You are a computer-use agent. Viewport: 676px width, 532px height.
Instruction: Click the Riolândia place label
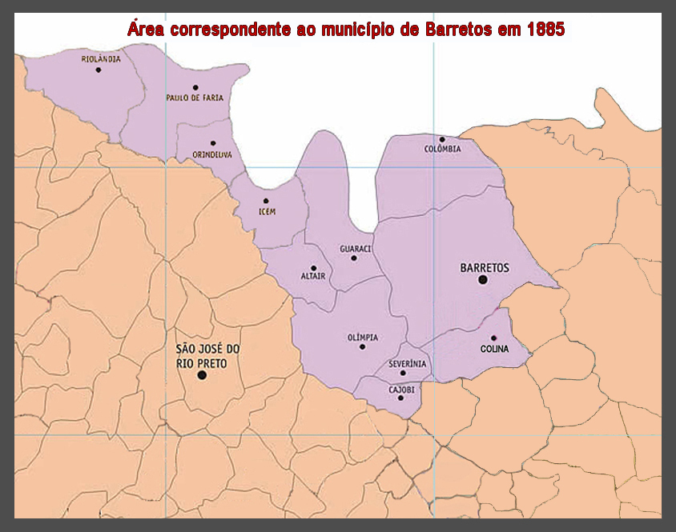click(101, 58)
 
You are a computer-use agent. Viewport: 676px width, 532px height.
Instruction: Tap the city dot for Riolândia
click(99, 70)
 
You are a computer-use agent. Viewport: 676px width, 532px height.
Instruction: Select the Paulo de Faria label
click(195, 98)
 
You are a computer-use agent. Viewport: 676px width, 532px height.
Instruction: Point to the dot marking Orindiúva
click(212, 143)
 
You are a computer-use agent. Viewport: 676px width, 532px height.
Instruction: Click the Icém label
click(267, 212)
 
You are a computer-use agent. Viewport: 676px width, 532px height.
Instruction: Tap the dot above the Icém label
click(266, 201)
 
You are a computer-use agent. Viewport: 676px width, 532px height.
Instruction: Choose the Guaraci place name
click(356, 249)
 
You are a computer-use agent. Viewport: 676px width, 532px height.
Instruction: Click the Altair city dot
click(313, 268)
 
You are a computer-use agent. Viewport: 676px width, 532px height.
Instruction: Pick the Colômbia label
click(443, 149)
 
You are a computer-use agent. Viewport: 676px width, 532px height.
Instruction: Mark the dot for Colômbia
click(441, 139)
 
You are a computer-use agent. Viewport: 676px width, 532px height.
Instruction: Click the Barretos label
click(485, 267)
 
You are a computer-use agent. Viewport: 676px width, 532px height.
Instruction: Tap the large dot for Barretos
click(483, 279)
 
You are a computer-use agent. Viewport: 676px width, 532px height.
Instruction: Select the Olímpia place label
click(363, 337)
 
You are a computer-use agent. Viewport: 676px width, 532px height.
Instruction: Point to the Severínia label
click(408, 363)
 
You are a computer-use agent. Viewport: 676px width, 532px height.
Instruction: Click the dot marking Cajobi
click(400, 398)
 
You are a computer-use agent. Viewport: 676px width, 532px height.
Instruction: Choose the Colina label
click(495, 349)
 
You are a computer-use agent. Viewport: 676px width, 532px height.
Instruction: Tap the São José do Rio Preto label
click(207, 356)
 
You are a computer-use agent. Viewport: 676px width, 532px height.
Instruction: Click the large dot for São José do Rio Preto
click(202, 374)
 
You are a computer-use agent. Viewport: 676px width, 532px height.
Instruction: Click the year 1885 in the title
click(545, 30)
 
